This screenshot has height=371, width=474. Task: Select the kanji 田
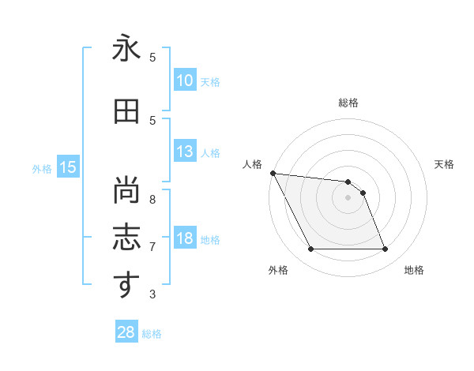(x=126, y=112)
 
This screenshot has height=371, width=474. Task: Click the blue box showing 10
(x=185, y=81)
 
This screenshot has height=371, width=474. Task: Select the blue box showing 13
(x=185, y=152)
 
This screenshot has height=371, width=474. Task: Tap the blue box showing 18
(x=185, y=238)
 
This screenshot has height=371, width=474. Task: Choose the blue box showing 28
(x=126, y=332)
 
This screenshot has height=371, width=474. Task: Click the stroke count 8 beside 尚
(x=152, y=190)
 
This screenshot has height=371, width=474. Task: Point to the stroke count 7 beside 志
(x=152, y=246)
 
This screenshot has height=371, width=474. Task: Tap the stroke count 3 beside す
(x=152, y=294)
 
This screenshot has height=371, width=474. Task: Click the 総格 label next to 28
(x=152, y=334)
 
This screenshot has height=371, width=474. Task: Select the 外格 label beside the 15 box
(x=42, y=168)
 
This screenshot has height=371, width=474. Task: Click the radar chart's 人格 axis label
(x=253, y=164)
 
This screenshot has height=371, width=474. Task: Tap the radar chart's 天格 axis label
(x=444, y=164)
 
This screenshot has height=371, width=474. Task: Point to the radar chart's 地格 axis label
(x=414, y=270)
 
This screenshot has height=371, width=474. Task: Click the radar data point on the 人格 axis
(x=273, y=173)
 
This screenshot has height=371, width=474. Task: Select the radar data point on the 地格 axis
(x=385, y=249)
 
